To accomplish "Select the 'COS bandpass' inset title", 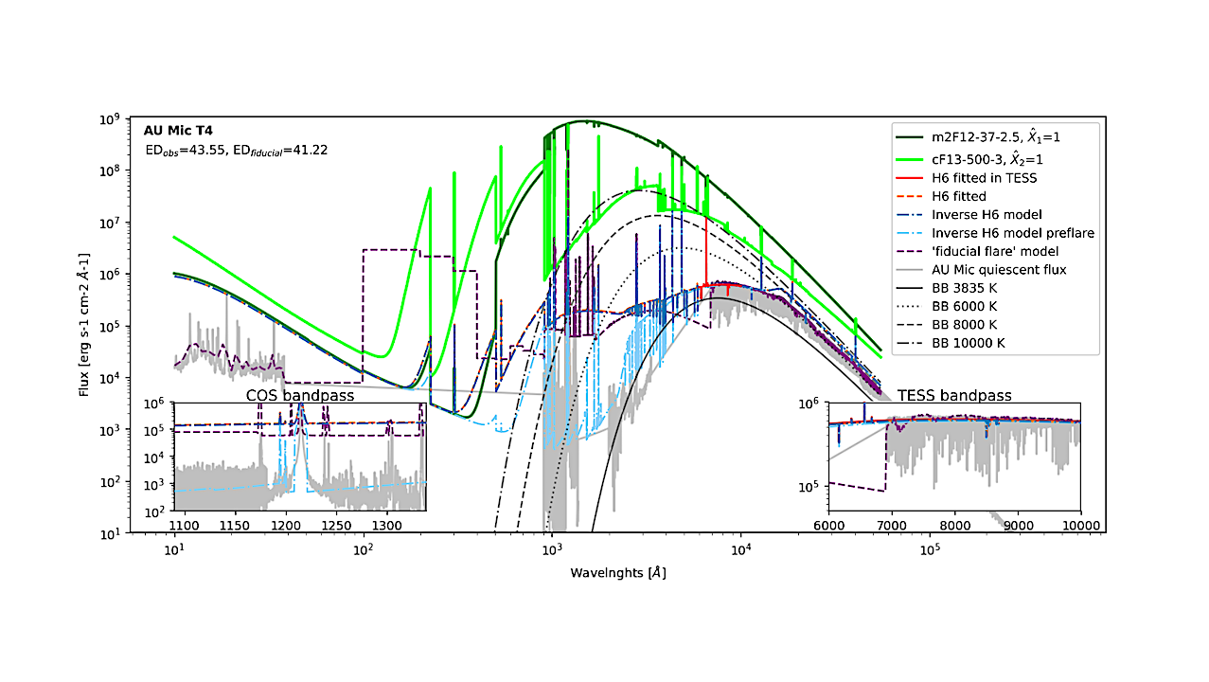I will (x=300, y=395).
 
